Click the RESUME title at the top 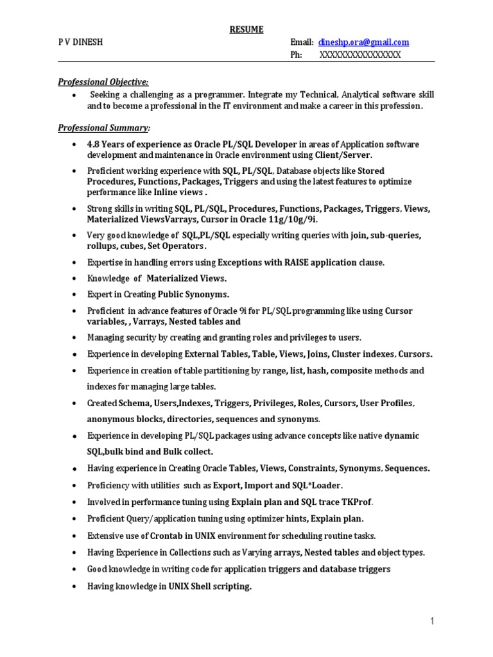coord(246,30)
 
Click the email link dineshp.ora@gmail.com coord(363,42)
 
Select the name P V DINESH coord(80,42)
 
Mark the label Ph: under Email coord(296,55)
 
